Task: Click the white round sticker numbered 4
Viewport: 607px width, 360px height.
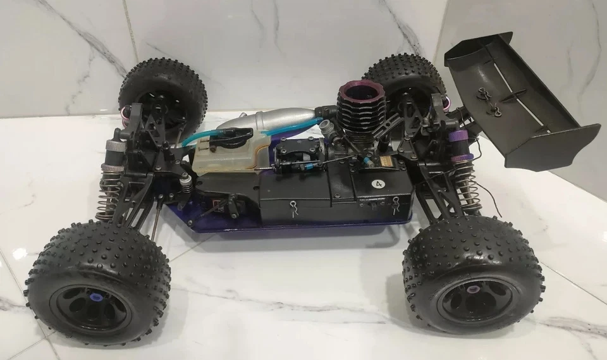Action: click(x=378, y=185)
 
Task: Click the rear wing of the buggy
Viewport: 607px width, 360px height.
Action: click(x=521, y=101)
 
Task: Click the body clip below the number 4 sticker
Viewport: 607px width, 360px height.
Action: click(x=396, y=203)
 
